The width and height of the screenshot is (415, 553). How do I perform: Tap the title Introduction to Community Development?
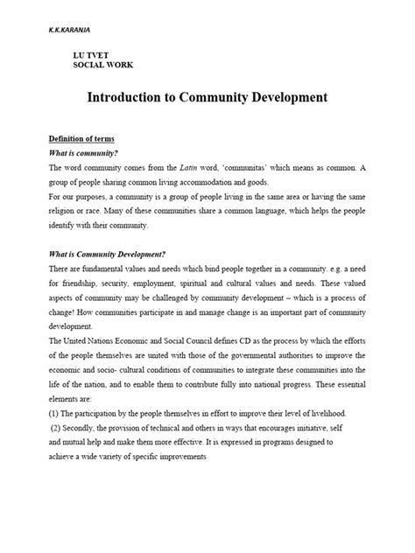pyautogui.click(x=207, y=98)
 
